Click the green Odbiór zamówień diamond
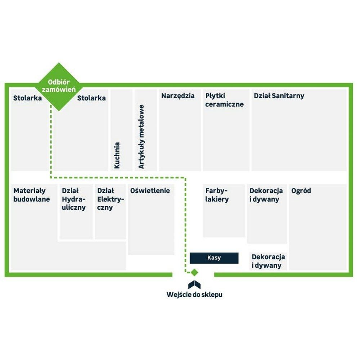59,87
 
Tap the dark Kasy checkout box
214,258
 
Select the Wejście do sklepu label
195,295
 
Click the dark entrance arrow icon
194,285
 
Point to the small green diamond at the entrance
194,273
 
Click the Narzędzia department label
178,96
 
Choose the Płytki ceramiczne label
224,100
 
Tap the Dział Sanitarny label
279,96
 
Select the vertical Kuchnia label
117,155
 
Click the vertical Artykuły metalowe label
141,136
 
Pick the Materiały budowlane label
32,195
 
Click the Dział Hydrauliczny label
74,199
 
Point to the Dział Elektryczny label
110,199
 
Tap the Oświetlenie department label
150,191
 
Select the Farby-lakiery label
217,195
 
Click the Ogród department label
301,191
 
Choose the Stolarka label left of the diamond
27,98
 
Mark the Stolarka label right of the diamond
91,98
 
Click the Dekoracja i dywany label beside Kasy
268,261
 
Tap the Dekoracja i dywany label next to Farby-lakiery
266,195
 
